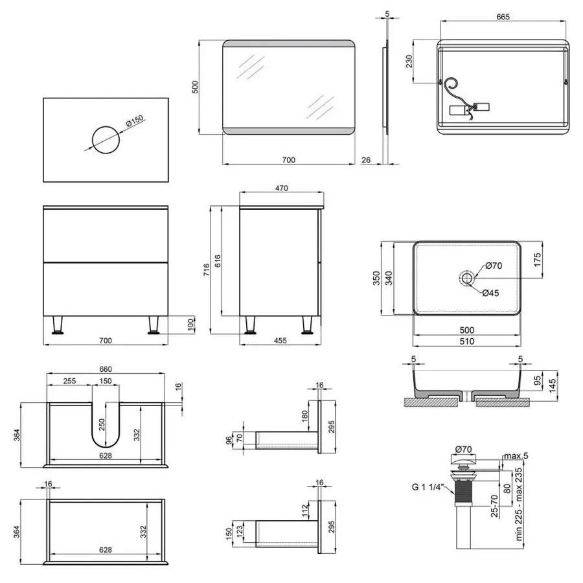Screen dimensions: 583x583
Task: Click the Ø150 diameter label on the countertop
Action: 134,121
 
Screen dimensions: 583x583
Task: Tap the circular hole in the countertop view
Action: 106,139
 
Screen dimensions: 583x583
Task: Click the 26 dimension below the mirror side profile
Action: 366,160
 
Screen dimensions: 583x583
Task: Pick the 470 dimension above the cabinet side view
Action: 281,188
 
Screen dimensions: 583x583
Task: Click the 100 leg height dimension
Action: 190,324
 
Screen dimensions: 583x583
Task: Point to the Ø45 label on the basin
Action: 490,293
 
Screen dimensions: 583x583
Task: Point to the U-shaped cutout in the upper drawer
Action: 106,424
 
